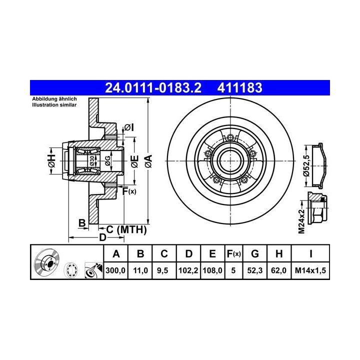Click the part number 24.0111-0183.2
[x=153, y=87]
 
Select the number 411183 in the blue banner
[x=239, y=87]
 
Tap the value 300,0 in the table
[x=115, y=270]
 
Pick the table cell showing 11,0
[x=140, y=270]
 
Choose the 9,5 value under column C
[x=162, y=270]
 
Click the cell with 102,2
[x=188, y=270]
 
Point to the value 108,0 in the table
[x=212, y=270]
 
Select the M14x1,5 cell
[x=310, y=270]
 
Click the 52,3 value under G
[x=255, y=270]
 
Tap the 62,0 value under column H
[x=278, y=270]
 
